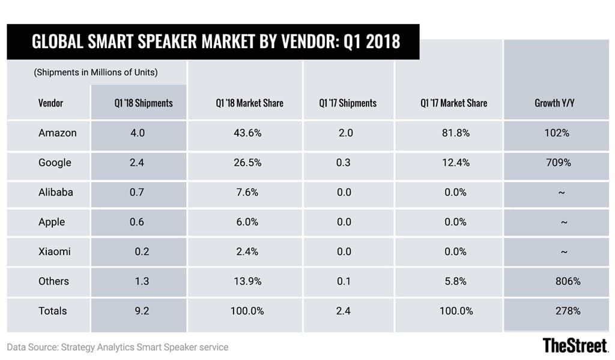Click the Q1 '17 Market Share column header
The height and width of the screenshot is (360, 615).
point(453,103)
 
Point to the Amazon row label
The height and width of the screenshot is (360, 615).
point(58,133)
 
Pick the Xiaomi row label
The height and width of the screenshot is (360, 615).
point(54,251)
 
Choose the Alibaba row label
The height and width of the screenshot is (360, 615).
point(56,192)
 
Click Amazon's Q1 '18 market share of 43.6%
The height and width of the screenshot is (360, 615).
point(247,133)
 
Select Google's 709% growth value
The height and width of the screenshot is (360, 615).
point(556,162)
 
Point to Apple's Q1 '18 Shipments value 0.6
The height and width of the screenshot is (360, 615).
point(138,222)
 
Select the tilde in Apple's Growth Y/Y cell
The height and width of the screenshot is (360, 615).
point(563,222)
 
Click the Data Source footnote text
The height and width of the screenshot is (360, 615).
point(118,347)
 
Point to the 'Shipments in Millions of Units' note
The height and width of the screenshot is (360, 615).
point(95,72)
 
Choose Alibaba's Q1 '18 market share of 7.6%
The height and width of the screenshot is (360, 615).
point(247,192)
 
